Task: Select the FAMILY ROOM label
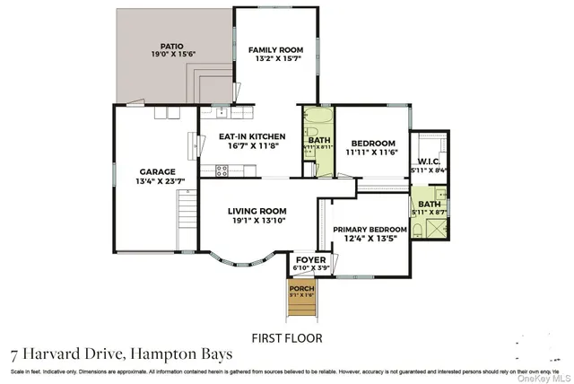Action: (276, 50)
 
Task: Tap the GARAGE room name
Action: (156, 171)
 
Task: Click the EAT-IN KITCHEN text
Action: (253, 136)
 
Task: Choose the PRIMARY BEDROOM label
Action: (370, 230)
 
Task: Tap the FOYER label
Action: (309, 259)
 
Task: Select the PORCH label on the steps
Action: (301, 288)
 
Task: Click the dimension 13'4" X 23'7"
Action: (156, 181)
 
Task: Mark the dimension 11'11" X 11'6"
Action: (373, 153)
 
